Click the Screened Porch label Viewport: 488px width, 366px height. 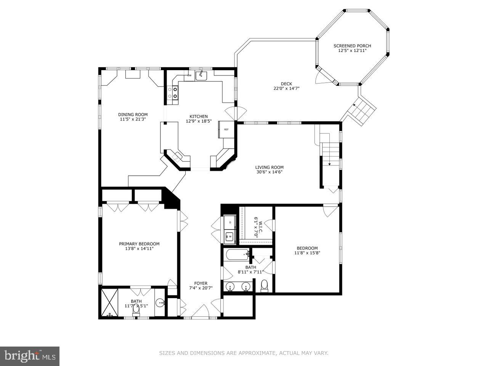(x=352, y=46)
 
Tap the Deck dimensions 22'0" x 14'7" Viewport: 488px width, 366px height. (x=286, y=88)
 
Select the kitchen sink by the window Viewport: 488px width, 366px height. (x=201, y=75)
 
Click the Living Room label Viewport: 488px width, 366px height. (x=269, y=167)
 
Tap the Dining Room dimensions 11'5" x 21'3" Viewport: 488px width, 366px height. (x=133, y=119)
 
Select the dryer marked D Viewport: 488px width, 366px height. (x=230, y=222)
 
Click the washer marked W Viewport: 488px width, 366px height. (x=230, y=236)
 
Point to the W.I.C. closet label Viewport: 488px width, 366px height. (x=256, y=227)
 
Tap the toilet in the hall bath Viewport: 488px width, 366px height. (x=264, y=285)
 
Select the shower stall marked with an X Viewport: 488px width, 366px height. (x=109, y=302)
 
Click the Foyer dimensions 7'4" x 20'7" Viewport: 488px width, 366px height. (x=201, y=288)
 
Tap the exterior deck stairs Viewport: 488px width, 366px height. (x=362, y=110)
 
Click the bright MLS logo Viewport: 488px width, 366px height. (x=30, y=356)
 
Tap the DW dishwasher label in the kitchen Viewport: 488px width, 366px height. (x=189, y=75)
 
